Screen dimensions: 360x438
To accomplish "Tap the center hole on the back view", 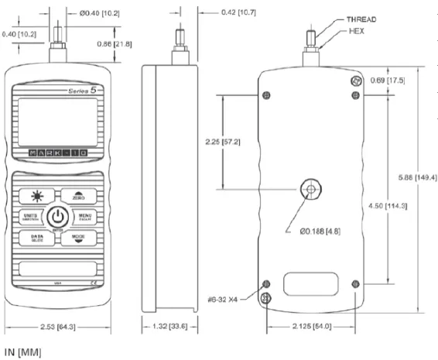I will point(311,189).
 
